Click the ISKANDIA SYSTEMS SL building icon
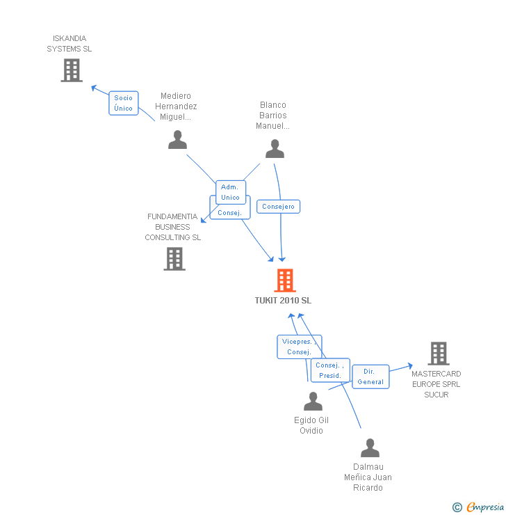pos(72,70)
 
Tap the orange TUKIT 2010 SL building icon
pos(285,280)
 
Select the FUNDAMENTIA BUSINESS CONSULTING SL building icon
pos(174,259)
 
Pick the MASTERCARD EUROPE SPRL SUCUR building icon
pos(438,354)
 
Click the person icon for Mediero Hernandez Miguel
pos(178,140)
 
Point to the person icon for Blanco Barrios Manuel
pos(275,149)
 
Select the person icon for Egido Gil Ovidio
pos(313,401)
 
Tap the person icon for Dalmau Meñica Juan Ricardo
pos(370,448)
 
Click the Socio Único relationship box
pos(124,103)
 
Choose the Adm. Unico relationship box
pos(231,192)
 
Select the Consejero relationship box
pos(279,207)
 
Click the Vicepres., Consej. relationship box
pos(299,347)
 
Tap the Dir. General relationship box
pos(370,377)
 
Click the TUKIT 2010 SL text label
pos(283,301)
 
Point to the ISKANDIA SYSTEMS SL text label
pos(70,44)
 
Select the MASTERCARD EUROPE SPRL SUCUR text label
pos(436,384)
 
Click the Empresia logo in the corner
pos(478,507)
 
